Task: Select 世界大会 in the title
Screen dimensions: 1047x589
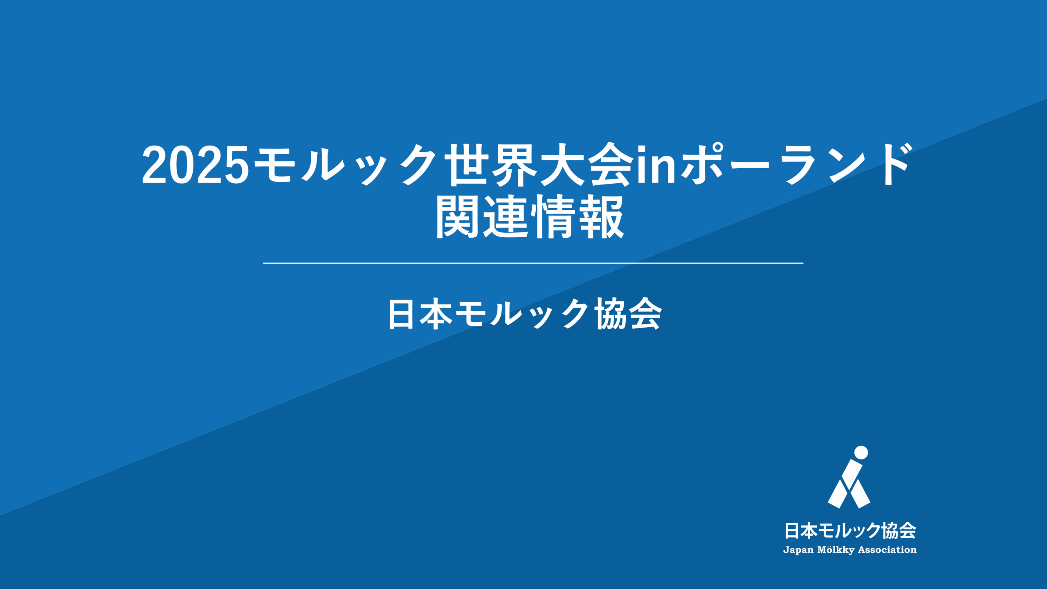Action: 538,165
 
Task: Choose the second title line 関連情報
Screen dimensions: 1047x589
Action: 530,217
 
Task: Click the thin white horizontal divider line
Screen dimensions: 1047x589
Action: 533,263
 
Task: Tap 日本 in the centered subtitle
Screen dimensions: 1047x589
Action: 420,314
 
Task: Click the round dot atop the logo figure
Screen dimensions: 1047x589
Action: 861,452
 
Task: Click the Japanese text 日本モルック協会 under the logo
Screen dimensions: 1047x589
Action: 850,531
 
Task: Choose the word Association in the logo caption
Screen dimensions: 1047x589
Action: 887,550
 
